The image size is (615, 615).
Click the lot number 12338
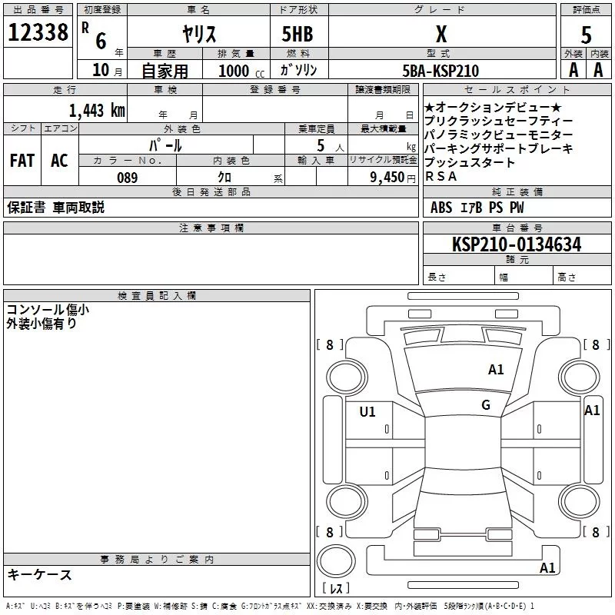click(38, 32)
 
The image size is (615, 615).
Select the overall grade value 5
click(586, 35)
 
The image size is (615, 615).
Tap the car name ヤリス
click(198, 33)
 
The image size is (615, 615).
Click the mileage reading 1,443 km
click(96, 110)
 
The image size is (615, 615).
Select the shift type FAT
click(22, 160)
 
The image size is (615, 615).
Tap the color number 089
click(127, 178)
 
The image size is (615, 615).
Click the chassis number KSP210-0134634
click(517, 244)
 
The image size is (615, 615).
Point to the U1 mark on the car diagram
click(367, 412)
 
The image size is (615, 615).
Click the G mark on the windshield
click(486, 405)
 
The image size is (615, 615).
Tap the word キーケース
click(39, 574)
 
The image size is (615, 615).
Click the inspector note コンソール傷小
click(48, 309)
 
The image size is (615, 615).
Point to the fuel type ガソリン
click(298, 70)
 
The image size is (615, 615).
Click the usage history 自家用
click(165, 71)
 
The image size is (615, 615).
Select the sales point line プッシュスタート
click(470, 163)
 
